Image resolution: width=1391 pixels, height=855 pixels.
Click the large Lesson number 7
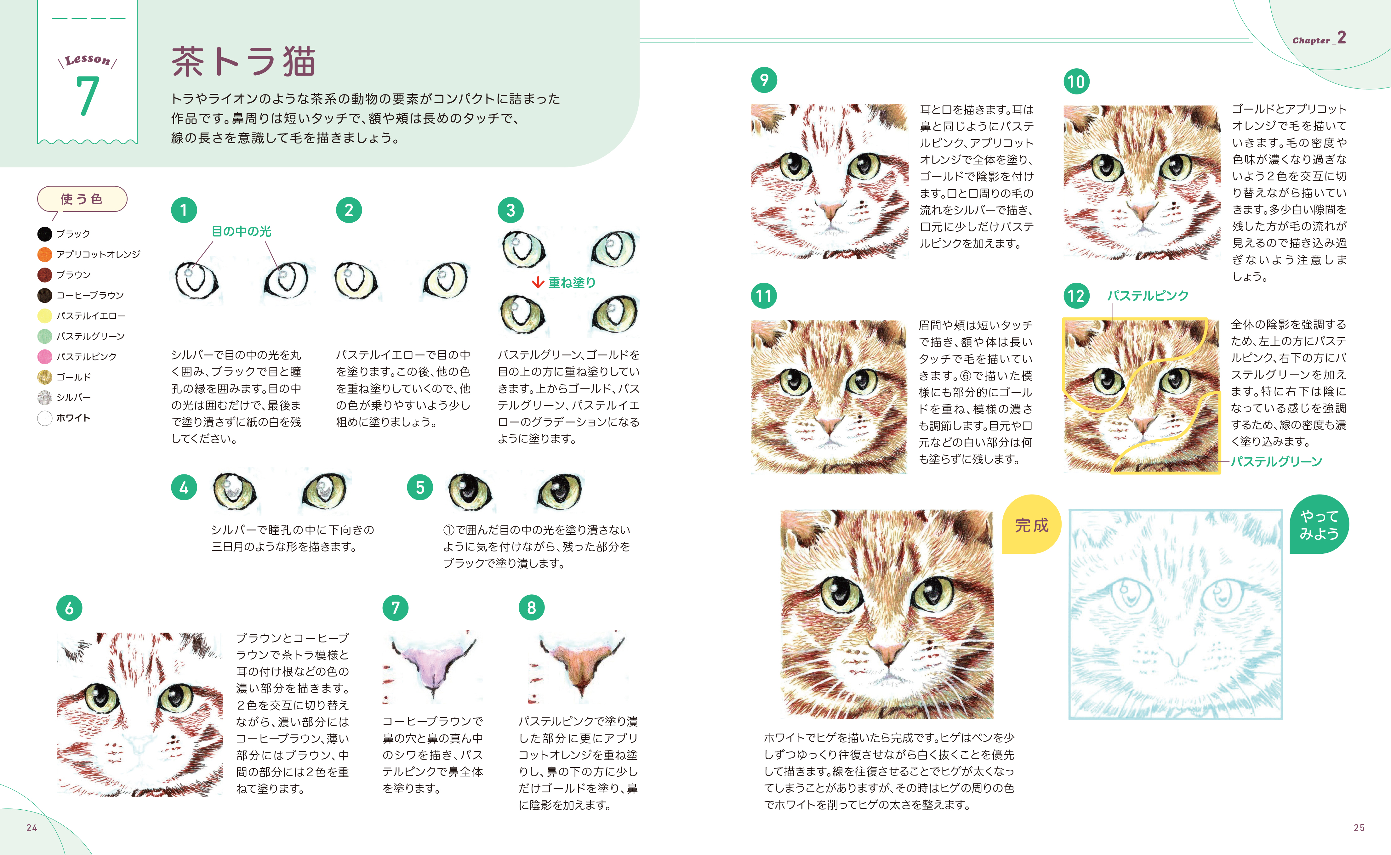pos(88,96)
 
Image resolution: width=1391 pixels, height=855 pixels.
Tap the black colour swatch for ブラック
pos(45,234)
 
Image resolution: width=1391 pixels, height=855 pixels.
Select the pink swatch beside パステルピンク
pos(45,356)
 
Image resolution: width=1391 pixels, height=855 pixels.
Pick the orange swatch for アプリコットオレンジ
pos(45,254)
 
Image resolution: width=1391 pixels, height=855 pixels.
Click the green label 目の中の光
pos(242,231)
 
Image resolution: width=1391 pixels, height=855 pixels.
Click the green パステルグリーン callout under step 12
pos(1276,461)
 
